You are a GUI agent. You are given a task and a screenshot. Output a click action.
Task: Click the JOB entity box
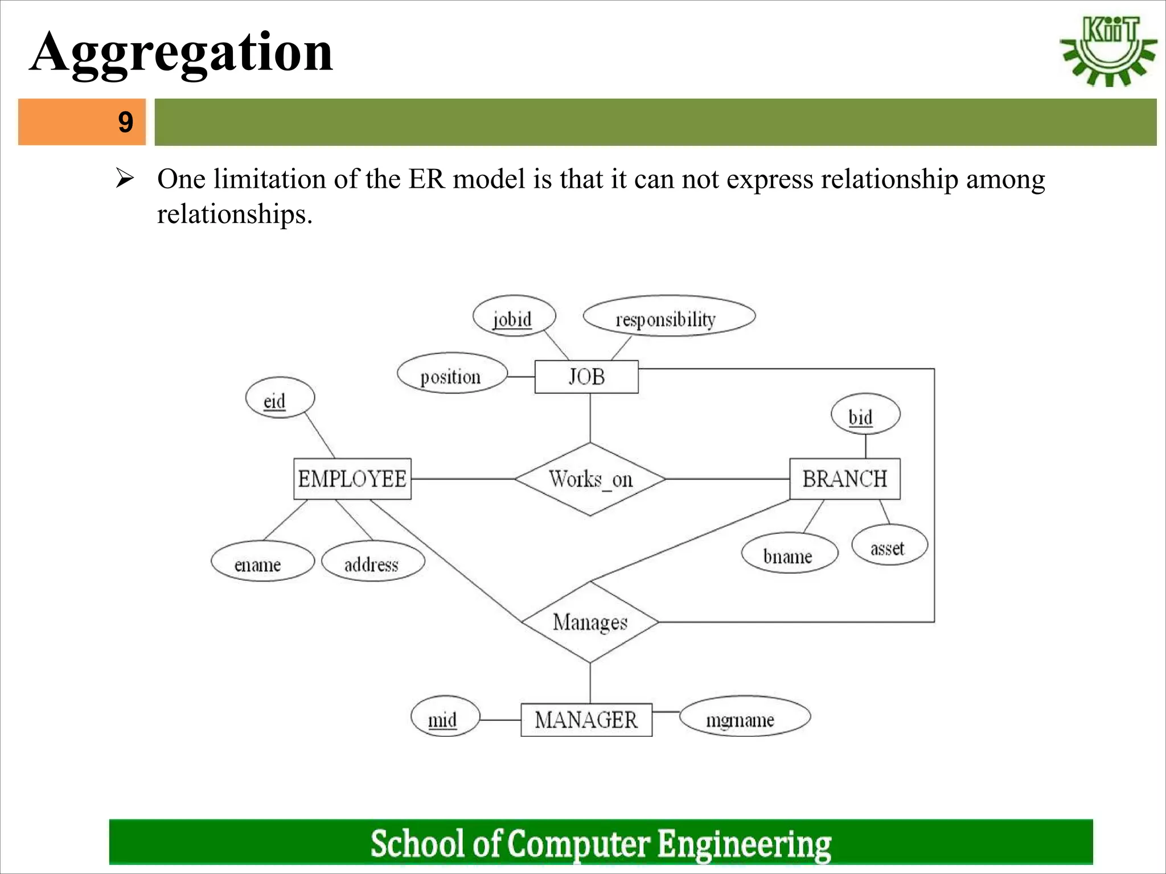coord(586,377)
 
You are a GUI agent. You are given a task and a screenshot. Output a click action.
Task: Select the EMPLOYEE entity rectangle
coord(352,479)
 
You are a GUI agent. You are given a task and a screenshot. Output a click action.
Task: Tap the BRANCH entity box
coord(844,479)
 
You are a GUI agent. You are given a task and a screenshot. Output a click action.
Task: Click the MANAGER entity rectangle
coord(586,720)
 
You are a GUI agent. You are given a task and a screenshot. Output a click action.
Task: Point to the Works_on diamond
coord(590,479)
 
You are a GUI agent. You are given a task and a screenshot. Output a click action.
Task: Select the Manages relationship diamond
coord(590,622)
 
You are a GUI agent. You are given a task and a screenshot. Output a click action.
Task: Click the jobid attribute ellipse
coord(514,316)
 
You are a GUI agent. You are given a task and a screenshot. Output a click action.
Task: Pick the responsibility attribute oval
coord(668,316)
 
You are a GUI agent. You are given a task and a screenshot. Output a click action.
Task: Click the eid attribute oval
coord(280,398)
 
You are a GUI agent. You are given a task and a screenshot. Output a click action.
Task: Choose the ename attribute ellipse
coord(262,562)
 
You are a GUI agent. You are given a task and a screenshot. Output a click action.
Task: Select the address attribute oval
coord(372,562)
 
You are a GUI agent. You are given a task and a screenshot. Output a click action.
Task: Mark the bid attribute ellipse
coord(865,414)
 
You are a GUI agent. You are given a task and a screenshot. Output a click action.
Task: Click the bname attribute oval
coord(789,553)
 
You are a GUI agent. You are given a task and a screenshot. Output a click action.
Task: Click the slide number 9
coord(125,122)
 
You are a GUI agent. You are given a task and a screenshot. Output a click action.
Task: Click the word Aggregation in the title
coord(181,52)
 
